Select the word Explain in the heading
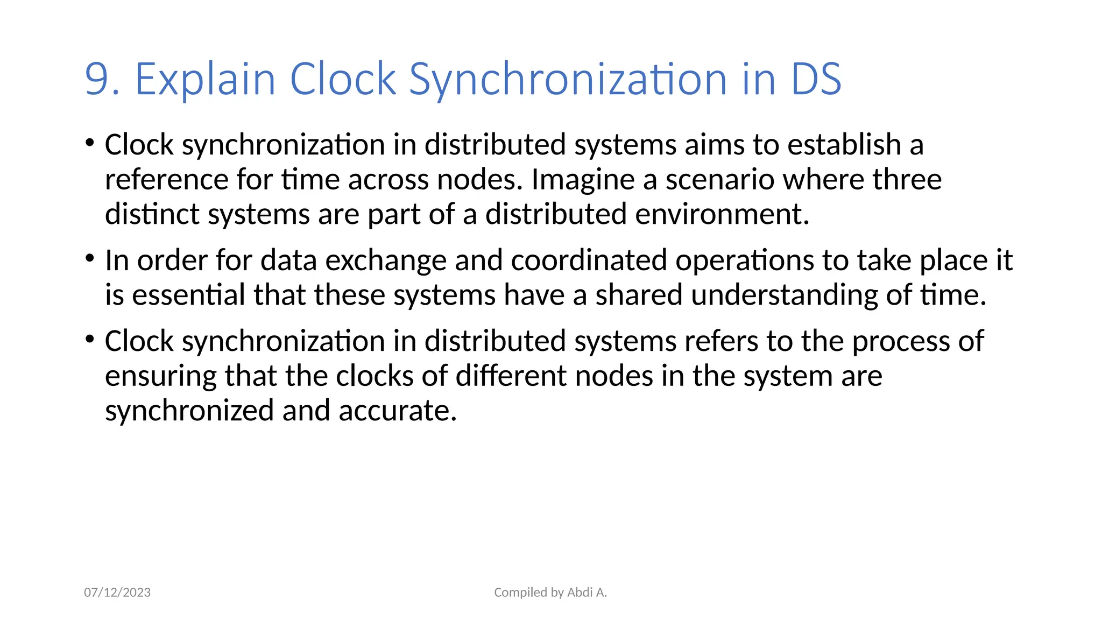tap(205, 80)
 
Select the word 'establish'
tap(844, 145)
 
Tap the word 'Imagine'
tap(583, 180)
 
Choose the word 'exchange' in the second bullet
tap(386, 260)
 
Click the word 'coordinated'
tap(589, 260)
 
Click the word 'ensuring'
tap(161, 376)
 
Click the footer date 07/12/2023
tap(117, 593)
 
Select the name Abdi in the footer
tap(580, 593)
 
